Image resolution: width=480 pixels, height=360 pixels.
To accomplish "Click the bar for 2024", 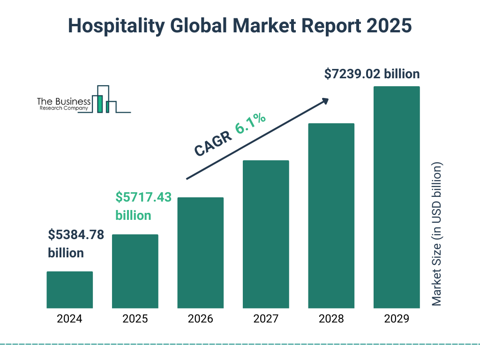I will [69, 290].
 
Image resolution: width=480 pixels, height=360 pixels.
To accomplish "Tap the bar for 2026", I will [200, 253].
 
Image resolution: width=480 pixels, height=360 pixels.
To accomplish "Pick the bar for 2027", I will [266, 234].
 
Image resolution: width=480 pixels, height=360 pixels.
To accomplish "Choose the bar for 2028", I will [331, 216].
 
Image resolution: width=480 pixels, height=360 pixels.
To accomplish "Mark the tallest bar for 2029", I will [397, 197].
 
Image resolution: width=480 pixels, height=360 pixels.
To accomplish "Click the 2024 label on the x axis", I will [69, 319].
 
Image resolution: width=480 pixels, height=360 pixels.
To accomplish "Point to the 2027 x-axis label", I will [266, 319].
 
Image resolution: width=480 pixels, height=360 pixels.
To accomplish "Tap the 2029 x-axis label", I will [397, 319].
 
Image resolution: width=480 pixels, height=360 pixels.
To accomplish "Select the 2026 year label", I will [200, 319].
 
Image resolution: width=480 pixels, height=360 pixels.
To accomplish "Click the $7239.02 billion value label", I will [372, 74].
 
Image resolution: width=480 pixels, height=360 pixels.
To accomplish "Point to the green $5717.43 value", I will [143, 197].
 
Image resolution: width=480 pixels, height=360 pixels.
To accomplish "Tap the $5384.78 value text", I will [76, 234].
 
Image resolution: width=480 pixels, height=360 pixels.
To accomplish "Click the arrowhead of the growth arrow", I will [325, 101].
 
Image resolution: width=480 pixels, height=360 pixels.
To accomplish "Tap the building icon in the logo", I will [104, 100].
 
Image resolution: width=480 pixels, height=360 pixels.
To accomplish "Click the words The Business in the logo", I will [63, 101].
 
